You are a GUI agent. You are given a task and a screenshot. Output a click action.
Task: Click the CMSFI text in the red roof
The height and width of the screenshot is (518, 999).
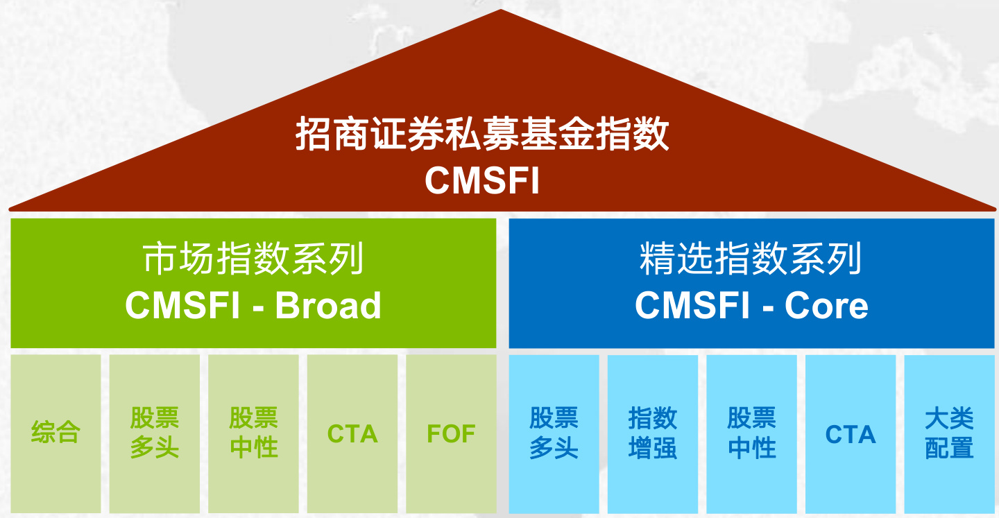pyautogui.click(x=482, y=180)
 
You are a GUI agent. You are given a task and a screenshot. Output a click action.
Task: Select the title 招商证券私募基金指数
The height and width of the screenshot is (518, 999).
pyautogui.click(x=482, y=134)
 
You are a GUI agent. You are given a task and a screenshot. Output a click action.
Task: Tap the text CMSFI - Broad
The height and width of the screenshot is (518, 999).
pyautogui.click(x=253, y=306)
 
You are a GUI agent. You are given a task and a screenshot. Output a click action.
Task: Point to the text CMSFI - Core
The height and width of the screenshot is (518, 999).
pyautogui.click(x=751, y=306)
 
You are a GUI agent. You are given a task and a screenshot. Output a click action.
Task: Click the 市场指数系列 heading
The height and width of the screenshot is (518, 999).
pyautogui.click(x=253, y=260)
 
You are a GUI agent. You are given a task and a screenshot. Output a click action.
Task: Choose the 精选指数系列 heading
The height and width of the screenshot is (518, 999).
pyautogui.click(x=751, y=260)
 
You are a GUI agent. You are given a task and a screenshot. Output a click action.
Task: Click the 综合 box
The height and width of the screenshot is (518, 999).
pyautogui.click(x=55, y=433)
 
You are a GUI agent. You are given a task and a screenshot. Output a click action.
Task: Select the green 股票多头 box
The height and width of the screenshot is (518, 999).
pyautogui.click(x=155, y=433)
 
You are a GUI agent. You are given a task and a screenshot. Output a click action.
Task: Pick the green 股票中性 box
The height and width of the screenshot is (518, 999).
pyautogui.click(x=253, y=433)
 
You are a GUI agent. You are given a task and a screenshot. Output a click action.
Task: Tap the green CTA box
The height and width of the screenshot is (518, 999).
pyautogui.click(x=352, y=433)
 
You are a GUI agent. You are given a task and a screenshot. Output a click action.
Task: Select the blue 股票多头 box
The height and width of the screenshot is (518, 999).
pyautogui.click(x=554, y=433)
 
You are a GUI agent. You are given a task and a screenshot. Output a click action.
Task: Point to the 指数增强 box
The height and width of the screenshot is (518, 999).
pyautogui.click(x=653, y=433)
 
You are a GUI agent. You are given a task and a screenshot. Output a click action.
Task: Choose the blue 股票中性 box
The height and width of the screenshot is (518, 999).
pyautogui.click(x=751, y=433)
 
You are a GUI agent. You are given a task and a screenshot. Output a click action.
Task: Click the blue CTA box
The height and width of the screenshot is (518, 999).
pyautogui.click(x=851, y=433)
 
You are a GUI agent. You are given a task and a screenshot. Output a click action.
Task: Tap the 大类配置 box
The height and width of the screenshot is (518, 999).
pyautogui.click(x=949, y=433)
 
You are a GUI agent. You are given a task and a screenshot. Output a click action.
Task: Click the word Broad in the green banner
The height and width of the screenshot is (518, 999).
pyautogui.click(x=328, y=306)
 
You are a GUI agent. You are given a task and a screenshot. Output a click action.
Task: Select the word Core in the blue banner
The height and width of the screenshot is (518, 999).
pyautogui.click(x=826, y=306)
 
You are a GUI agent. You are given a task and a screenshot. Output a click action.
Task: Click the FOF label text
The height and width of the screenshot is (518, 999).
pyautogui.click(x=451, y=434)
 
